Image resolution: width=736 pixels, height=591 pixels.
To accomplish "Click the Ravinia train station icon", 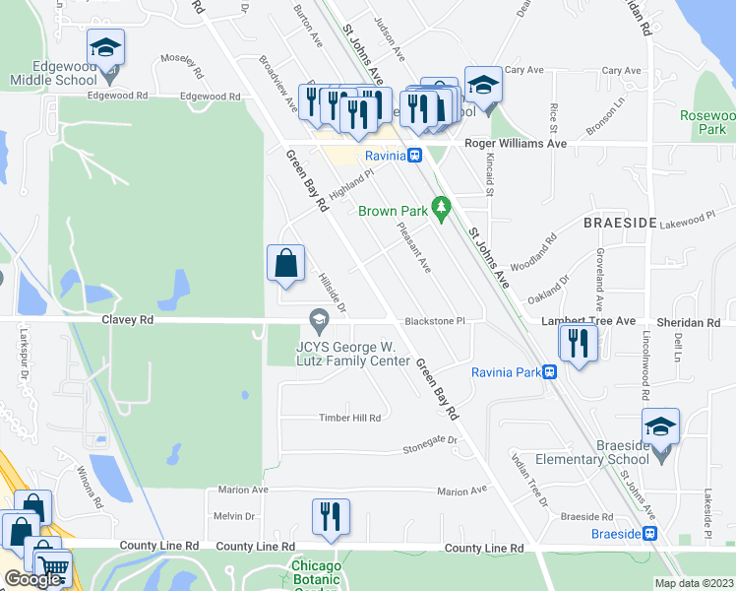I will tap(416, 156).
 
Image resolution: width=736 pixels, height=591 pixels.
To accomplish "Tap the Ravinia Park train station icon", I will tap(550, 372).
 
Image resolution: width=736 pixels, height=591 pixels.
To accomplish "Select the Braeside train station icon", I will tap(649, 534).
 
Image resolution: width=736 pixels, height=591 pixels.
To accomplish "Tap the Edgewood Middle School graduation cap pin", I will tap(105, 48).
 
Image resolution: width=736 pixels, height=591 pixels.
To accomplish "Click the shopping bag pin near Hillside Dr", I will tap(285, 263).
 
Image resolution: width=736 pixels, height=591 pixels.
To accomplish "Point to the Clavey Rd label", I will tap(127, 320).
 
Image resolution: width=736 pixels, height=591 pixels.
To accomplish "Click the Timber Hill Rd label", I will tap(349, 418).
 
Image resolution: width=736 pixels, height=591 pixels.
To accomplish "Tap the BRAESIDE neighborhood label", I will tap(620, 224).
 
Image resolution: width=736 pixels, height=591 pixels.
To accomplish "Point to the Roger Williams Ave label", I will tap(517, 143).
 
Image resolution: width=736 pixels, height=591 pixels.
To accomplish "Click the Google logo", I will tap(32, 580).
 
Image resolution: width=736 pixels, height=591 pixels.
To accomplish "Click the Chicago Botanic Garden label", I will tap(317, 573).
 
